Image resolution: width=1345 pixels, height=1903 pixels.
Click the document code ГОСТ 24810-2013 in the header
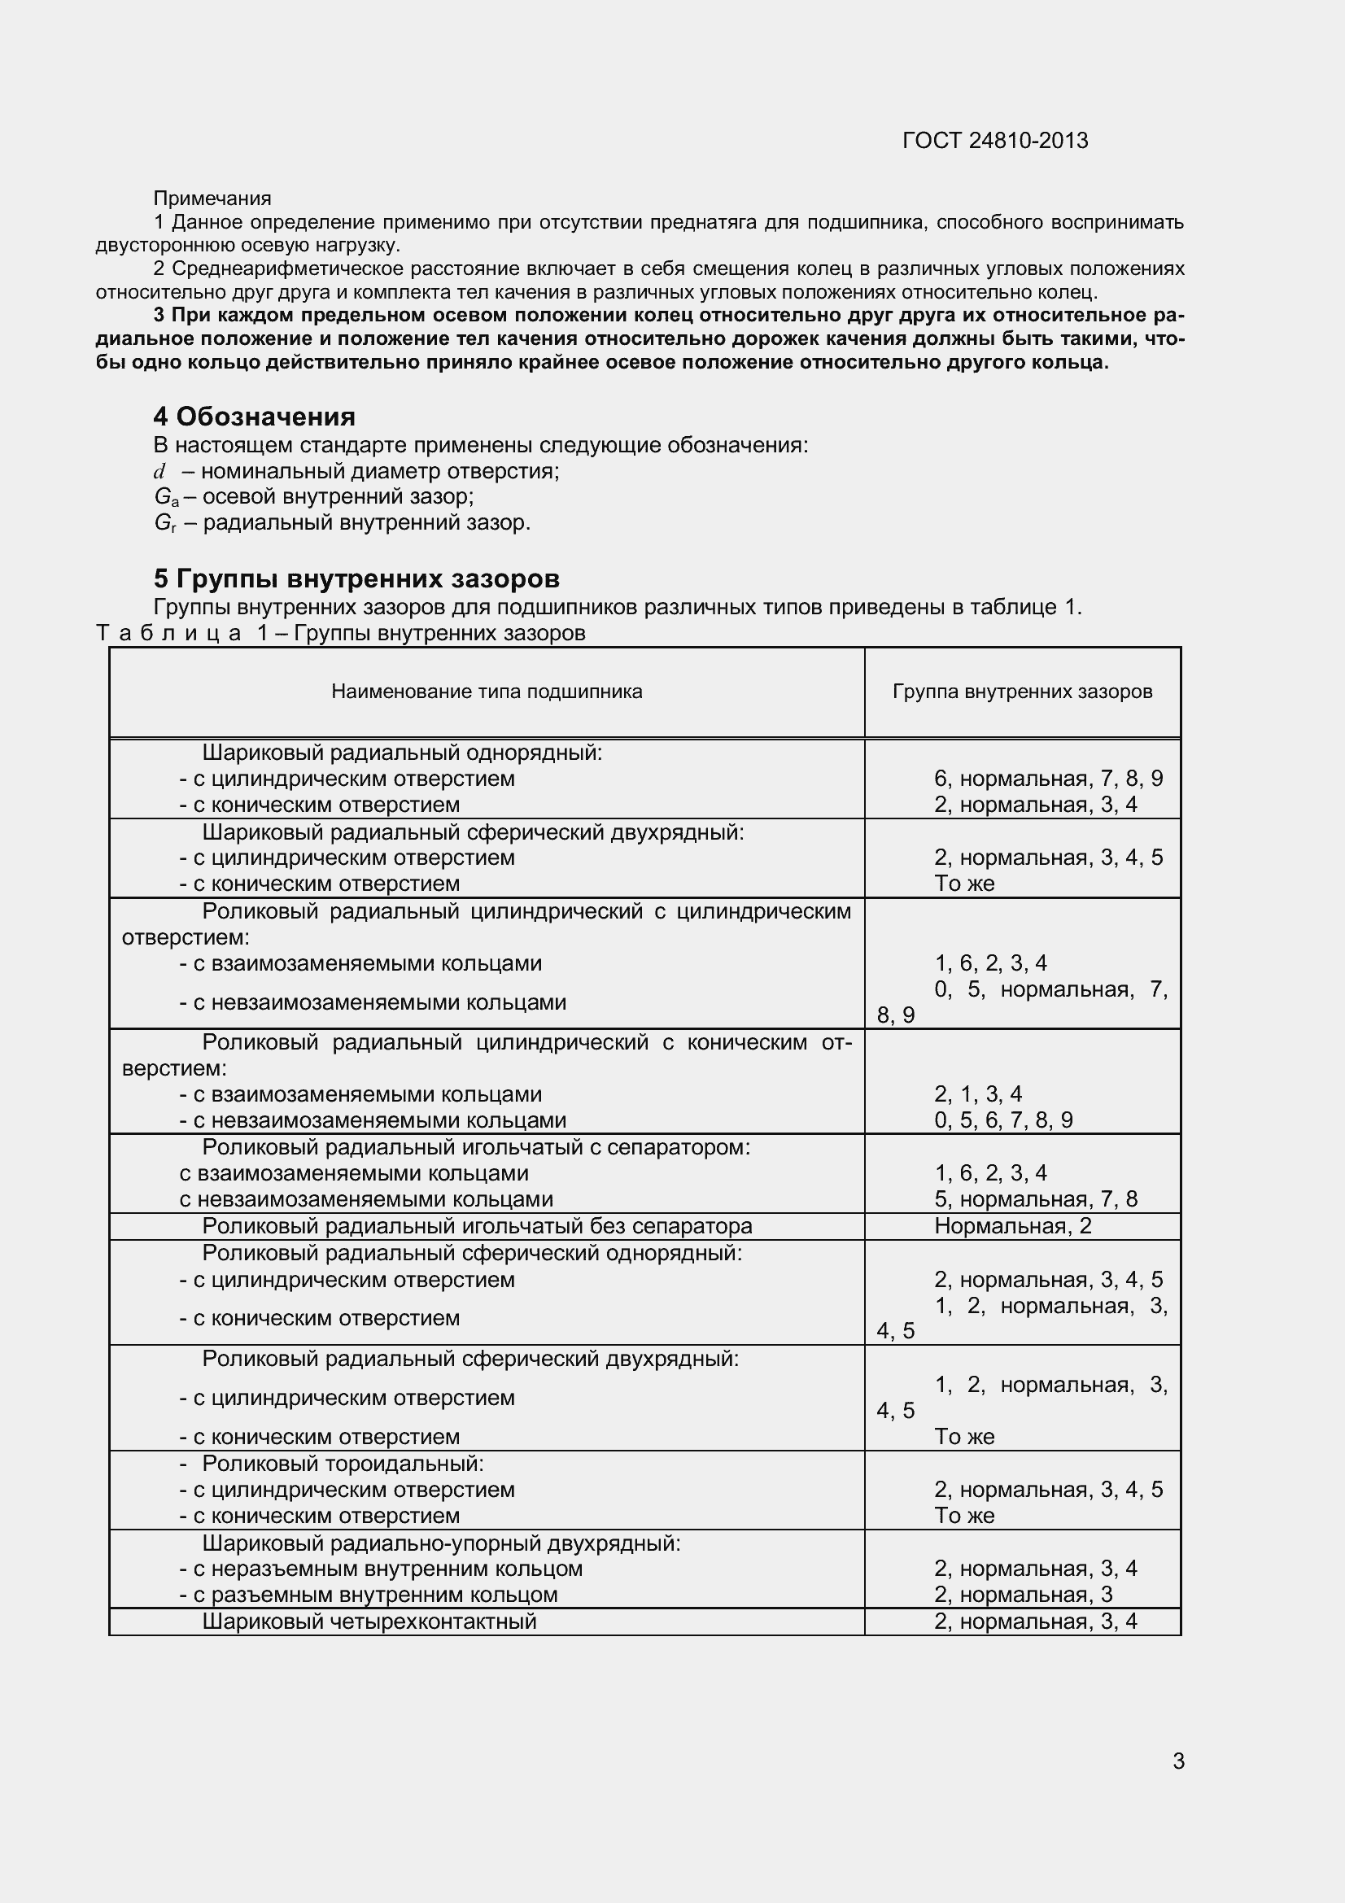(x=994, y=141)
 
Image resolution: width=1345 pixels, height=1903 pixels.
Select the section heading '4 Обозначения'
(x=255, y=416)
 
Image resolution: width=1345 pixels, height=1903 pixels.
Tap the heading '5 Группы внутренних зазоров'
(x=356, y=578)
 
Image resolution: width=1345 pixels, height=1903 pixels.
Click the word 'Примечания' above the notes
(x=212, y=199)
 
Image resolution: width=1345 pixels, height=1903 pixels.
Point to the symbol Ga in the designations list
(x=166, y=497)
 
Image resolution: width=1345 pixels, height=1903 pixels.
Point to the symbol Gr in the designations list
(x=165, y=523)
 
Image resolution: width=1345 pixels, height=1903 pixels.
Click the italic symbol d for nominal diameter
(x=159, y=472)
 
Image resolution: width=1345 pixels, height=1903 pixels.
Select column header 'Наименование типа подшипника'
(x=487, y=692)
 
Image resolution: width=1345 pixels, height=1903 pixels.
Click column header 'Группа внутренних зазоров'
(x=1022, y=692)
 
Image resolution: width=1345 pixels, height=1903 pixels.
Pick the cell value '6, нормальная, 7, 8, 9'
(x=1048, y=779)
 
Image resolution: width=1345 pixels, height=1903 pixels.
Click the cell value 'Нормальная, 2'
(x=1013, y=1226)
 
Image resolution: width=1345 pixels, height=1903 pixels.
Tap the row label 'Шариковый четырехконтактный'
(x=369, y=1621)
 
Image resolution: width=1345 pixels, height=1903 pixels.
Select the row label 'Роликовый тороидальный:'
(x=343, y=1463)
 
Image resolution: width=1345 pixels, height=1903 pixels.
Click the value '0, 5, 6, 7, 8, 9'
(x=1002, y=1120)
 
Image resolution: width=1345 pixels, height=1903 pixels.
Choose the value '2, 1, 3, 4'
(x=978, y=1094)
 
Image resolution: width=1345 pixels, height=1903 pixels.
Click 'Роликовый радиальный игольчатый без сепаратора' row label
(x=477, y=1226)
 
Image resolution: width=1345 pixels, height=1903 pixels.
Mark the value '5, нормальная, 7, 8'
(x=1036, y=1199)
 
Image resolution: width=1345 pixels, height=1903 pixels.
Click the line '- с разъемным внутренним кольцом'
(x=368, y=1595)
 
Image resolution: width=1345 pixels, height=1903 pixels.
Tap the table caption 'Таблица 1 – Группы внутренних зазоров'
(x=342, y=633)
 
